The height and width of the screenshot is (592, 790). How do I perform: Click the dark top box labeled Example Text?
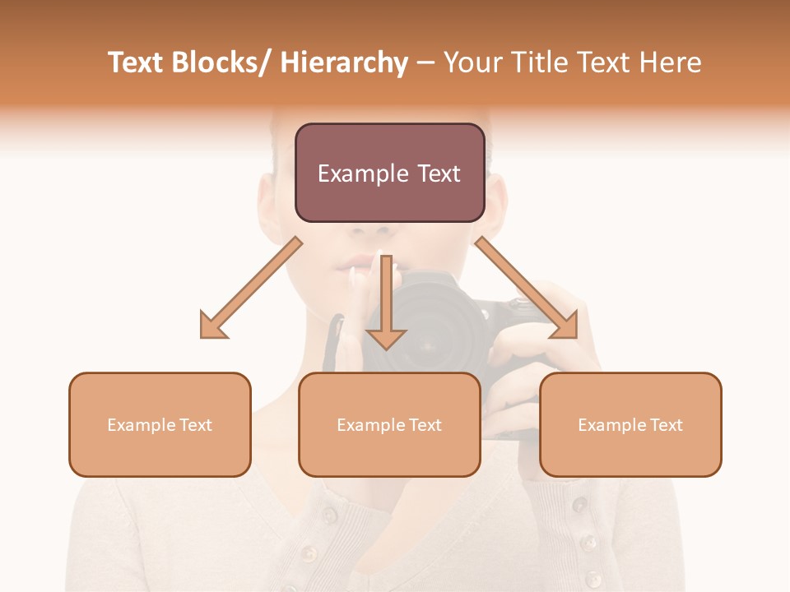click(x=389, y=173)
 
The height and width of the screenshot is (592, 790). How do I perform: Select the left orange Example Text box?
click(x=160, y=424)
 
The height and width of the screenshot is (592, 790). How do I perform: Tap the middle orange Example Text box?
click(x=389, y=424)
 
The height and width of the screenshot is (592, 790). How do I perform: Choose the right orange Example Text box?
click(x=630, y=424)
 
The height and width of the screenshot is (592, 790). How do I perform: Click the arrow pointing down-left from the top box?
click(x=252, y=288)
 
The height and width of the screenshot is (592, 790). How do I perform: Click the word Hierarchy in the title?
click(x=344, y=62)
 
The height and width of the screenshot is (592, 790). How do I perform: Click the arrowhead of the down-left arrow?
click(x=213, y=325)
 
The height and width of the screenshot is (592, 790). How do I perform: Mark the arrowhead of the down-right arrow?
click(x=564, y=324)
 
